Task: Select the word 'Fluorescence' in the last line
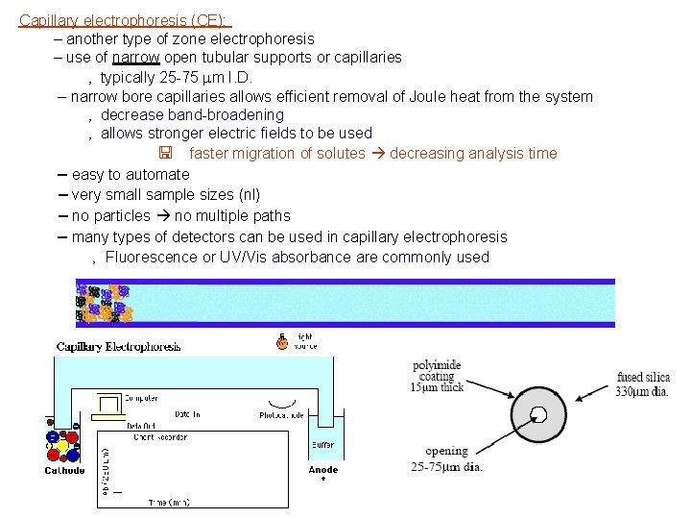pyautogui.click(x=149, y=257)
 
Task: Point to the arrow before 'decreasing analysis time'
pyautogui.click(x=379, y=154)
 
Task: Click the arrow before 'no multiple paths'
pyautogui.click(x=164, y=215)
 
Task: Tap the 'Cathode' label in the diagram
pyautogui.click(x=64, y=470)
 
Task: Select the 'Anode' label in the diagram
pyautogui.click(x=322, y=469)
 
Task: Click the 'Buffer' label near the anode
pyautogui.click(x=322, y=445)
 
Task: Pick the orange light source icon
pyautogui.click(x=282, y=341)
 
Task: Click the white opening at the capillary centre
pyautogui.click(x=539, y=415)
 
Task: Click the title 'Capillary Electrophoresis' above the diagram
pyautogui.click(x=118, y=347)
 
